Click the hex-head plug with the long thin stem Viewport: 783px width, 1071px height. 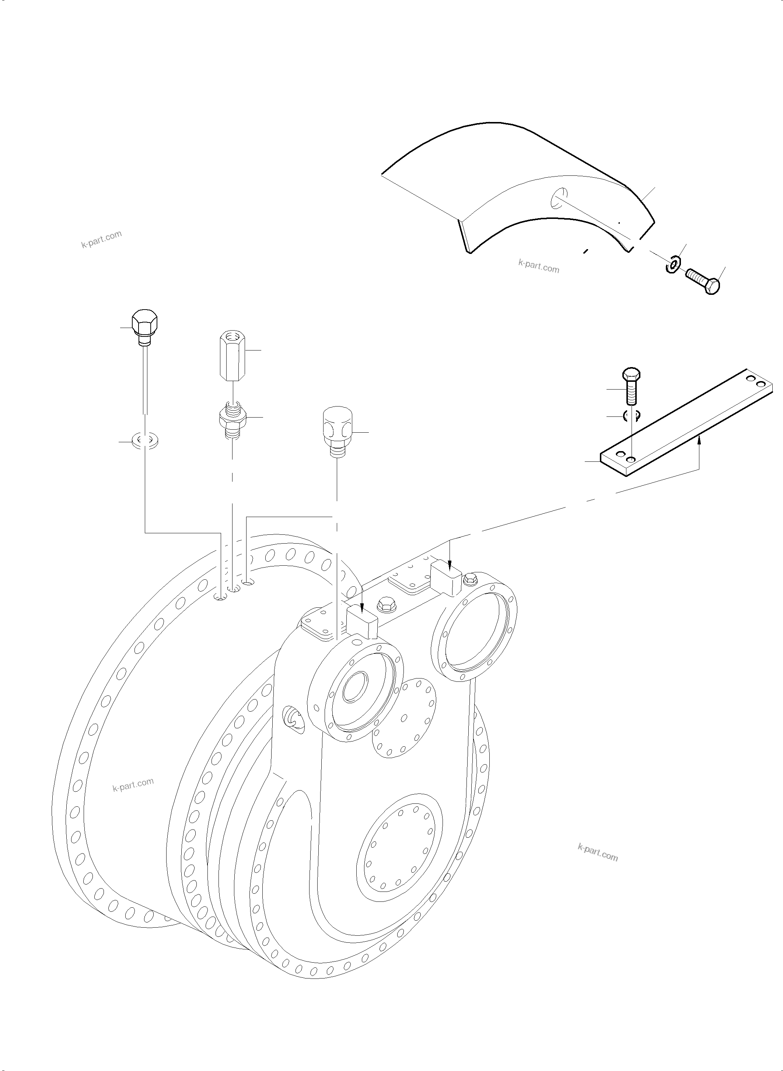click(144, 326)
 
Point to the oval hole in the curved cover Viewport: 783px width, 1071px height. click(559, 198)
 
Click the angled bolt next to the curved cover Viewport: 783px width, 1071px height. click(704, 281)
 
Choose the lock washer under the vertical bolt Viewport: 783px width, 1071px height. click(631, 415)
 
